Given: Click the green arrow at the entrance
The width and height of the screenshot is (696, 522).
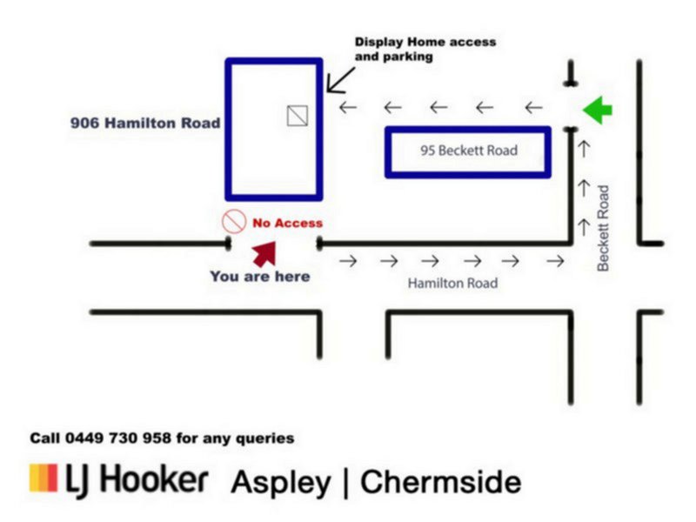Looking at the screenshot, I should coord(598,110).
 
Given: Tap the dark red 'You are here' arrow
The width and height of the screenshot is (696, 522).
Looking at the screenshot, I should coord(264,253).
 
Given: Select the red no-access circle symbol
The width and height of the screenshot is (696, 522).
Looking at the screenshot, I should coord(233,222).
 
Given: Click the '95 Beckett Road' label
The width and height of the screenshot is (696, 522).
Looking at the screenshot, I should coord(468,151).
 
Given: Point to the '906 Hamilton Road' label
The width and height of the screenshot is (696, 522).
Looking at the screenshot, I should coord(145,124).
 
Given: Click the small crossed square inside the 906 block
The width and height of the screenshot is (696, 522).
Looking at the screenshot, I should coord(298,115).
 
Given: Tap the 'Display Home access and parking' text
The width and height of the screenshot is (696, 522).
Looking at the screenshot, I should coord(424,49).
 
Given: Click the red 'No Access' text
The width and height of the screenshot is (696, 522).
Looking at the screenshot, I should coord(287,224).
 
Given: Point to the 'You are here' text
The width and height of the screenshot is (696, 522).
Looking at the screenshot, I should coord(259,277).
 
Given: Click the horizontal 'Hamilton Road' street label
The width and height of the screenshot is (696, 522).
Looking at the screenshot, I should coord(453,284).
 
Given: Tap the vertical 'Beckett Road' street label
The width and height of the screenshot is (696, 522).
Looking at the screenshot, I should coord(604,227).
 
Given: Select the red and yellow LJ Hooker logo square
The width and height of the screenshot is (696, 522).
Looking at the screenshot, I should coord(43,478).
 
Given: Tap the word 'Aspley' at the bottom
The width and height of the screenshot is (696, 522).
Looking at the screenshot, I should coord(279,482).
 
